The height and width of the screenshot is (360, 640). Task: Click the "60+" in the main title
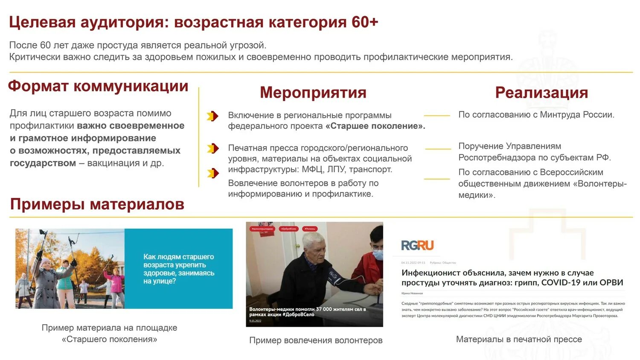[365, 22]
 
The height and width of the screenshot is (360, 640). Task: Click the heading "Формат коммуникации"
[98, 86]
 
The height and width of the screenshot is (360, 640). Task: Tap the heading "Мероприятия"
[313, 93]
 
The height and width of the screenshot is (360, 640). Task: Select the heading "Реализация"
[541, 93]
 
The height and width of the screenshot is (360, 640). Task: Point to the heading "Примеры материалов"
[97, 204]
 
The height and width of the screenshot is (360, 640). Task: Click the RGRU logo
[417, 245]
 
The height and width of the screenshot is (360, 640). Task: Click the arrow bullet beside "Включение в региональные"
[212, 116]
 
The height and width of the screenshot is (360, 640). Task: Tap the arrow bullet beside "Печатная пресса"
[212, 148]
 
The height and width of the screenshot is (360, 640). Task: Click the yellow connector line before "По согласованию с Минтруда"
[437, 116]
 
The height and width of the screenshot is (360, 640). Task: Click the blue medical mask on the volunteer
[378, 255]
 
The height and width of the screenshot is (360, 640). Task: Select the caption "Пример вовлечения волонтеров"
[316, 340]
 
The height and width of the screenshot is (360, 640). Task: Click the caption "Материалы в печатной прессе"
[519, 340]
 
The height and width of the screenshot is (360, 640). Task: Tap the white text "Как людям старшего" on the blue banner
[178, 257]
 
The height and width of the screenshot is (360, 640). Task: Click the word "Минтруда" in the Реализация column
[559, 115]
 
